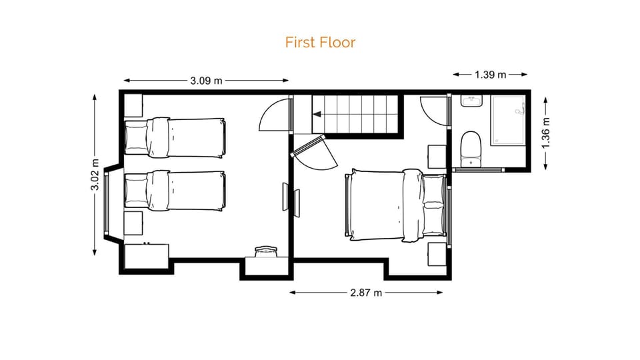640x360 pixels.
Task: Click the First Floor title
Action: (320, 43)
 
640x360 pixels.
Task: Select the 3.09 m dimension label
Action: (206, 81)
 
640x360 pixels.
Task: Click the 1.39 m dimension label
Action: (490, 74)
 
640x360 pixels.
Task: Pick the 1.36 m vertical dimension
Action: (546, 131)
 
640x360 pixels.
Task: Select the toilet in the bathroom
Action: (471, 147)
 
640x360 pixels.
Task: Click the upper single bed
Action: (175, 137)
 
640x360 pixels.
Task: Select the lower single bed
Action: (175, 191)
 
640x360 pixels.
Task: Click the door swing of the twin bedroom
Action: (274, 115)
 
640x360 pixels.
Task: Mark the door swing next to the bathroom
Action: (435, 110)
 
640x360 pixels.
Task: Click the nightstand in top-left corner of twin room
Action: (133, 105)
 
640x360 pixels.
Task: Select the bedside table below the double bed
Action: (437, 254)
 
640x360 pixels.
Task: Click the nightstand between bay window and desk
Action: (133, 223)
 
